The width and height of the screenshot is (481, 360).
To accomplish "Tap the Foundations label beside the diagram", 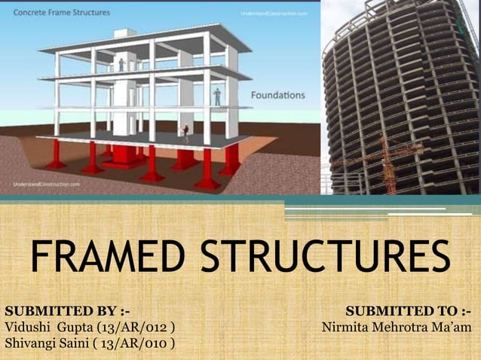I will pos(277,96).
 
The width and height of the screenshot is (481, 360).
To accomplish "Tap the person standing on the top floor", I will pos(121,65).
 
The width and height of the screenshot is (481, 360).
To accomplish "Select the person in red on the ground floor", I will pos(185,133).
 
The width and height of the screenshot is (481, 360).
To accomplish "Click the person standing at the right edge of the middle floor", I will pos(217,96).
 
